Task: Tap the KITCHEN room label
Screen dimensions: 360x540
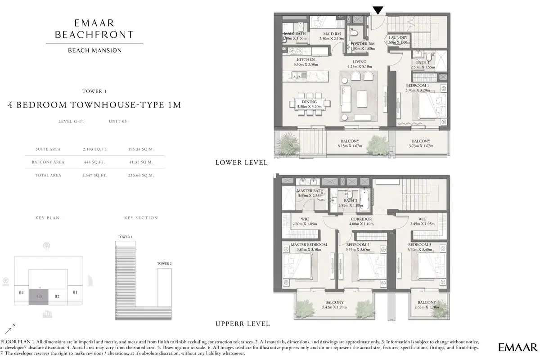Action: point(306,59)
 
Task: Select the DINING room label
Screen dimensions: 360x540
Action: point(309,102)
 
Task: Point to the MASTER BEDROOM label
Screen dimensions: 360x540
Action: point(309,245)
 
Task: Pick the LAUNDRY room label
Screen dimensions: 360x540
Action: point(398,38)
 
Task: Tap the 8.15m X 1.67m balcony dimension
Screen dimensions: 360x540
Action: point(350,146)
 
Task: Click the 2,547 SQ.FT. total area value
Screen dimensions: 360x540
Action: point(95,175)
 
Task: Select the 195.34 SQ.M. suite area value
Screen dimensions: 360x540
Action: point(140,149)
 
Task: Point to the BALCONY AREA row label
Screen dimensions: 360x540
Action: point(48,162)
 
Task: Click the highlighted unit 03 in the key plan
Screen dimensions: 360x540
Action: point(40,297)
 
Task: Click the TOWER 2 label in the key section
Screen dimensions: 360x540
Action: point(163,263)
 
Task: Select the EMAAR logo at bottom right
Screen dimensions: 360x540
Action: point(518,347)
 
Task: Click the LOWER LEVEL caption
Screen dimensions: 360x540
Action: point(242,162)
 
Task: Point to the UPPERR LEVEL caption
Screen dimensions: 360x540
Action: point(243,324)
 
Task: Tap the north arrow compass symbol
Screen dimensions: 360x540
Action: point(9,330)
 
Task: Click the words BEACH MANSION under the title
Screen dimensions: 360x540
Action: point(94,50)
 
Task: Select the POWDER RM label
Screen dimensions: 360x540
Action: point(360,44)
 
